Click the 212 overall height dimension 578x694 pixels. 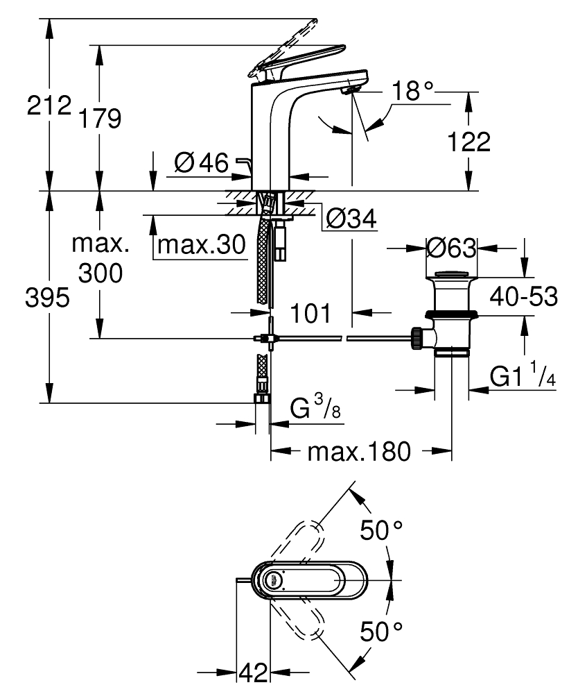click(49, 105)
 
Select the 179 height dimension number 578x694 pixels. click(100, 119)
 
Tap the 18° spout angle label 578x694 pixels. click(412, 91)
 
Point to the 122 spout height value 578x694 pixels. click(469, 142)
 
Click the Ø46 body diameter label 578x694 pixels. click(202, 162)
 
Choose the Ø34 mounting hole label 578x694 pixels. click(351, 218)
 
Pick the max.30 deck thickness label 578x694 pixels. click(202, 244)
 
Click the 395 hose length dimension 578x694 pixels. click(47, 297)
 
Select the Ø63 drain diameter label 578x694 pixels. click(452, 248)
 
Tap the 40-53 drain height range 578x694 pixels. click(524, 296)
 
